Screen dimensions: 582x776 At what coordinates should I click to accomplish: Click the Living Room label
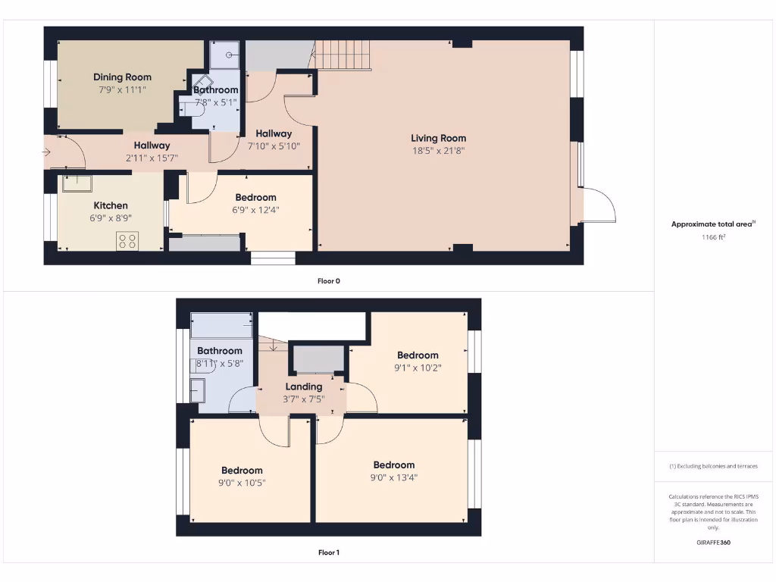pyautogui.click(x=438, y=138)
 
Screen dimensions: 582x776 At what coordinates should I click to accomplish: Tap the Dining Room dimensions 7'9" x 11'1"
pyautogui.click(x=122, y=89)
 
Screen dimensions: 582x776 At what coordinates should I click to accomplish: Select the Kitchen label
pyautogui.click(x=111, y=205)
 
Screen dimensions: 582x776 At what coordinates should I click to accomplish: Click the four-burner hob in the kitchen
pyautogui.click(x=127, y=241)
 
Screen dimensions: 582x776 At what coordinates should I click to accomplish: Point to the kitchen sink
pyautogui.click(x=77, y=183)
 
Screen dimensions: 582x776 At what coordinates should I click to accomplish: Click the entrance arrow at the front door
pyautogui.click(x=46, y=152)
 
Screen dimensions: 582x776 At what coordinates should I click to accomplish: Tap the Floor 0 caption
pyautogui.click(x=328, y=281)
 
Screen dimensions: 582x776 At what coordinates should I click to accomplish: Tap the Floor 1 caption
pyautogui.click(x=328, y=552)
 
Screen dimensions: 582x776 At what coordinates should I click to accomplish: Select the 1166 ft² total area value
pyautogui.click(x=713, y=237)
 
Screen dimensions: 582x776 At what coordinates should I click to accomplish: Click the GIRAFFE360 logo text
pyautogui.click(x=713, y=543)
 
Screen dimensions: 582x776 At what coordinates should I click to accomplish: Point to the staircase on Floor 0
pyautogui.click(x=345, y=55)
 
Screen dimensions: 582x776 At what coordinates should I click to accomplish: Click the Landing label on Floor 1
pyautogui.click(x=303, y=386)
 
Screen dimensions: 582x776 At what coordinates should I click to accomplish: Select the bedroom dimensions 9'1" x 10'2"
pyautogui.click(x=418, y=368)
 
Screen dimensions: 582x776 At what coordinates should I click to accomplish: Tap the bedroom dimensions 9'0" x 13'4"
pyautogui.click(x=393, y=477)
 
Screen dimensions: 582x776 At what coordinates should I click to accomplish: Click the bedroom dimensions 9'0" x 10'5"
pyautogui.click(x=242, y=483)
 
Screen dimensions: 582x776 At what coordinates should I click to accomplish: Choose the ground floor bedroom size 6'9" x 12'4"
pyautogui.click(x=255, y=210)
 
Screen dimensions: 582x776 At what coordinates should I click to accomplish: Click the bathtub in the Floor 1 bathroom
pyautogui.click(x=221, y=325)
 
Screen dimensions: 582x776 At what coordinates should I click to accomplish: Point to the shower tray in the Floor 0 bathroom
pyautogui.click(x=225, y=54)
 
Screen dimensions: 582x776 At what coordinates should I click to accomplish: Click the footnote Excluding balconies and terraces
pyautogui.click(x=713, y=466)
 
